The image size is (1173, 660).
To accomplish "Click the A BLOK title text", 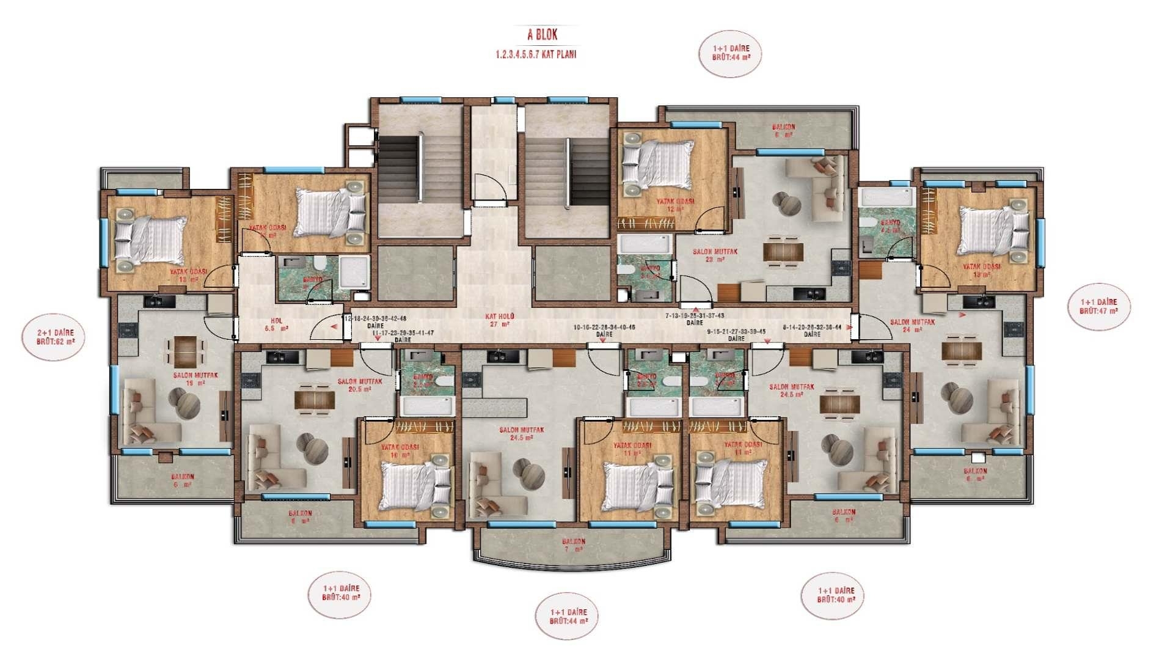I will click(x=543, y=35).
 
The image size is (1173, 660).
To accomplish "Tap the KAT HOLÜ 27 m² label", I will click(x=500, y=320).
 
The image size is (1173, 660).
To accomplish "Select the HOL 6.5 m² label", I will click(x=277, y=324).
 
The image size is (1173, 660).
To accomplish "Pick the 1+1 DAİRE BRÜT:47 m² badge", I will click(x=1098, y=306).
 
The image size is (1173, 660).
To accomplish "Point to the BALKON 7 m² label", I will click(x=574, y=545).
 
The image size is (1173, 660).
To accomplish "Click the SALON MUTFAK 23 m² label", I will click(x=715, y=255).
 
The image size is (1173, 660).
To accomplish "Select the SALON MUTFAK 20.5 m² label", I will click(x=360, y=385).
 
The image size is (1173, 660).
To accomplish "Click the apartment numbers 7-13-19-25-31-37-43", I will click(x=695, y=316).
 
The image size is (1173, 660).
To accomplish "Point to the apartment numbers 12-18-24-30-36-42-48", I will click(x=376, y=319).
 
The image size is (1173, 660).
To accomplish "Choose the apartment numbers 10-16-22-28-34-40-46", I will click(x=604, y=328).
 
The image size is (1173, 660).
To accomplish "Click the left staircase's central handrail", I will click(x=420, y=167).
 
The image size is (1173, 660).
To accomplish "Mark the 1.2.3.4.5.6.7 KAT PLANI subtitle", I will click(x=536, y=54).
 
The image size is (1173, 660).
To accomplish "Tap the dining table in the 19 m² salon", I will click(x=185, y=349).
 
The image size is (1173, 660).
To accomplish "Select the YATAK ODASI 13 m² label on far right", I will click(x=981, y=270).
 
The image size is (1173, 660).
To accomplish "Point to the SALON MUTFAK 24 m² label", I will click(x=912, y=326).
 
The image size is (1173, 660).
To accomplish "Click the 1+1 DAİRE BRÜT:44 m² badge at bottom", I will click(x=568, y=616).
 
